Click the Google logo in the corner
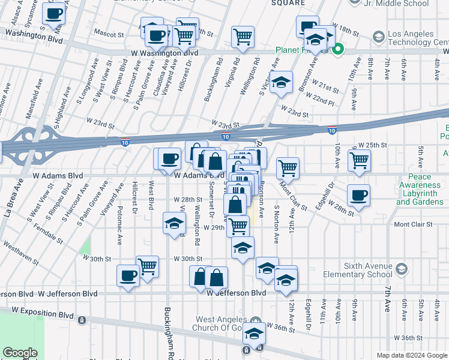click(x=20, y=353)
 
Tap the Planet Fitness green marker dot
click(x=337, y=50)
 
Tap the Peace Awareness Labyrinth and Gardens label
click(x=420, y=189)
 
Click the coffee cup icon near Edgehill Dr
click(x=358, y=194)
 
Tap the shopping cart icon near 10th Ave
click(x=359, y=160)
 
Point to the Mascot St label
click(x=110, y=35)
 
